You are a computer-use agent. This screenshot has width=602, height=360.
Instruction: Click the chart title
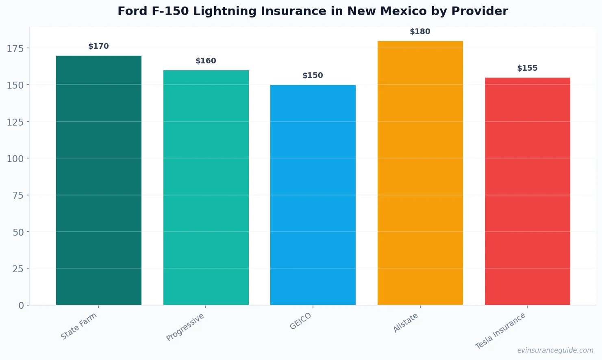[x=313, y=11]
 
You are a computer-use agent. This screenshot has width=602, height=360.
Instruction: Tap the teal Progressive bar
[x=206, y=187]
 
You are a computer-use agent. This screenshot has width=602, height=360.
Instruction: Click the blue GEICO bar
[x=313, y=195]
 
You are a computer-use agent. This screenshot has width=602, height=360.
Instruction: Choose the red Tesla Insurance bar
[x=527, y=191]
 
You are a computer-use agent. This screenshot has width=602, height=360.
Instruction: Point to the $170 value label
[x=99, y=46]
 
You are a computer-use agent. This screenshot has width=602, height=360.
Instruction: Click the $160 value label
[x=206, y=61]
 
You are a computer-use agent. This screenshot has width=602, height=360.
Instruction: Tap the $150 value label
[x=313, y=76]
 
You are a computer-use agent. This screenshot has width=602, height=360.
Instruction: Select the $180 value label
[x=420, y=32]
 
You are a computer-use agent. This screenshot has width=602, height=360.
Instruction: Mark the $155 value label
[x=527, y=68]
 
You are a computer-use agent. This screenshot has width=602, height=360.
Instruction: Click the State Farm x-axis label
[x=79, y=326]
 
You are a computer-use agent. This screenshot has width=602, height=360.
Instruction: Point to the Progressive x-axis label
[x=185, y=327]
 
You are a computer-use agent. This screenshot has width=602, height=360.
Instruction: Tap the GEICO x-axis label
[x=300, y=321]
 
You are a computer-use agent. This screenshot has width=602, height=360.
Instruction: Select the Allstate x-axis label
[x=406, y=323]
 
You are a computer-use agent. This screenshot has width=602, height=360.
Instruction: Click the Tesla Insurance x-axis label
[x=500, y=331]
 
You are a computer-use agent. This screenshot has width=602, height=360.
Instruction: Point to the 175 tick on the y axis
[x=15, y=49]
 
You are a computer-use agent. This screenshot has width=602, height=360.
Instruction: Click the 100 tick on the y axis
[x=15, y=158]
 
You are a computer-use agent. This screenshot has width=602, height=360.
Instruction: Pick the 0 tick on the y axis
[x=21, y=306]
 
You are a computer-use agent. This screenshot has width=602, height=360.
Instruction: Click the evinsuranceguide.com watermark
[x=555, y=350]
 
